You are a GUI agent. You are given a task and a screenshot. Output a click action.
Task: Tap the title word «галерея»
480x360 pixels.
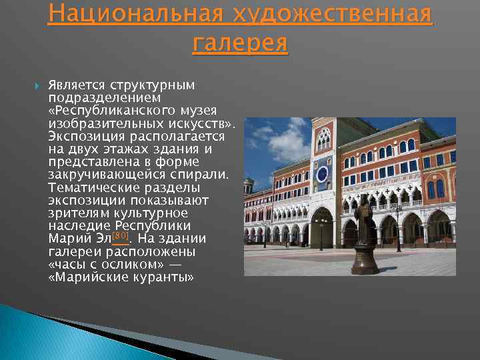[x=240, y=43]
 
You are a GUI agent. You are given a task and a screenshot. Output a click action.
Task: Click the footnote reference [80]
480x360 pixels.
[x=121, y=237]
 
